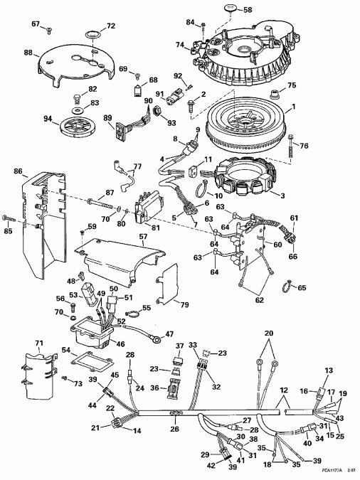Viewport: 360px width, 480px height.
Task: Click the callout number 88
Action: point(28,53)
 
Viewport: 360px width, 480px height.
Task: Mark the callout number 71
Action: point(39,343)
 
